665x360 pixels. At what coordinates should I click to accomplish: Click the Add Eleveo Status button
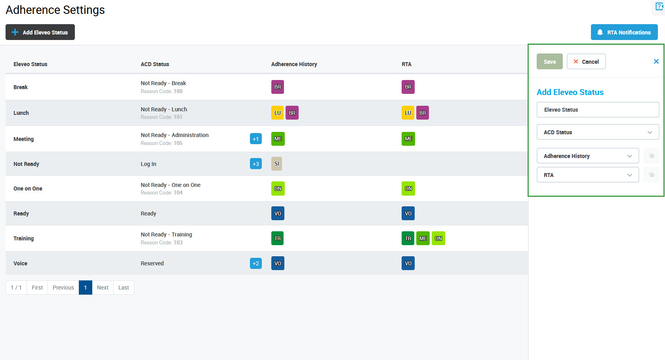40,32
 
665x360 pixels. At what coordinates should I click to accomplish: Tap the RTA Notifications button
624,32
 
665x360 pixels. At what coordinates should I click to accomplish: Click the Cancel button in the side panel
586,62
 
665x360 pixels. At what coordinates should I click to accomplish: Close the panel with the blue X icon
656,61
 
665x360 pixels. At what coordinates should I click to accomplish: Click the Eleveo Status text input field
597,110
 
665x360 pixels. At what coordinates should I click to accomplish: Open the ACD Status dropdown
597,132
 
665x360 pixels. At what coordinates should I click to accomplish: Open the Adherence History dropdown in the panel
587,156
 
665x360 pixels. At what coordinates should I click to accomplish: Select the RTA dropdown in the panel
587,175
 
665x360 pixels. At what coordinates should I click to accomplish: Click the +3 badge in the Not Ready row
256,164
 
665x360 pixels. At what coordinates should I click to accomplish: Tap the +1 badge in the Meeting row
256,139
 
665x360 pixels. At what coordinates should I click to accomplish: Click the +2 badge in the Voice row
256,263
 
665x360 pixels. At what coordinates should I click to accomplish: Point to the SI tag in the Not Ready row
276,164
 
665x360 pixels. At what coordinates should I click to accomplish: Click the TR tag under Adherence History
278,238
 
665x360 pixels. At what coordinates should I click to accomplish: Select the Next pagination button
103,288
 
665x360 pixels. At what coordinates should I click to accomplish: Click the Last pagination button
124,288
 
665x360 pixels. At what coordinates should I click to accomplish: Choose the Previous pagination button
63,288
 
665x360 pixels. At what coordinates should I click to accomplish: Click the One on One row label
28,189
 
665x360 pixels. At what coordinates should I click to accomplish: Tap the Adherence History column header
294,64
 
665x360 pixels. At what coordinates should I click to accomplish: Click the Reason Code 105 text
162,143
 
